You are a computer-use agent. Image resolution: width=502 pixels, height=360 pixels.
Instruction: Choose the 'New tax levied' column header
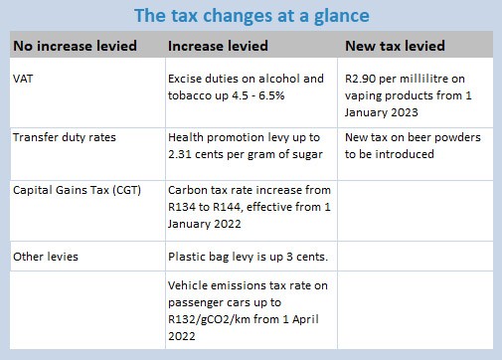click(394, 46)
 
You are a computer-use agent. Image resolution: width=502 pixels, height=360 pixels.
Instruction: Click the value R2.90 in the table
click(361, 77)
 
